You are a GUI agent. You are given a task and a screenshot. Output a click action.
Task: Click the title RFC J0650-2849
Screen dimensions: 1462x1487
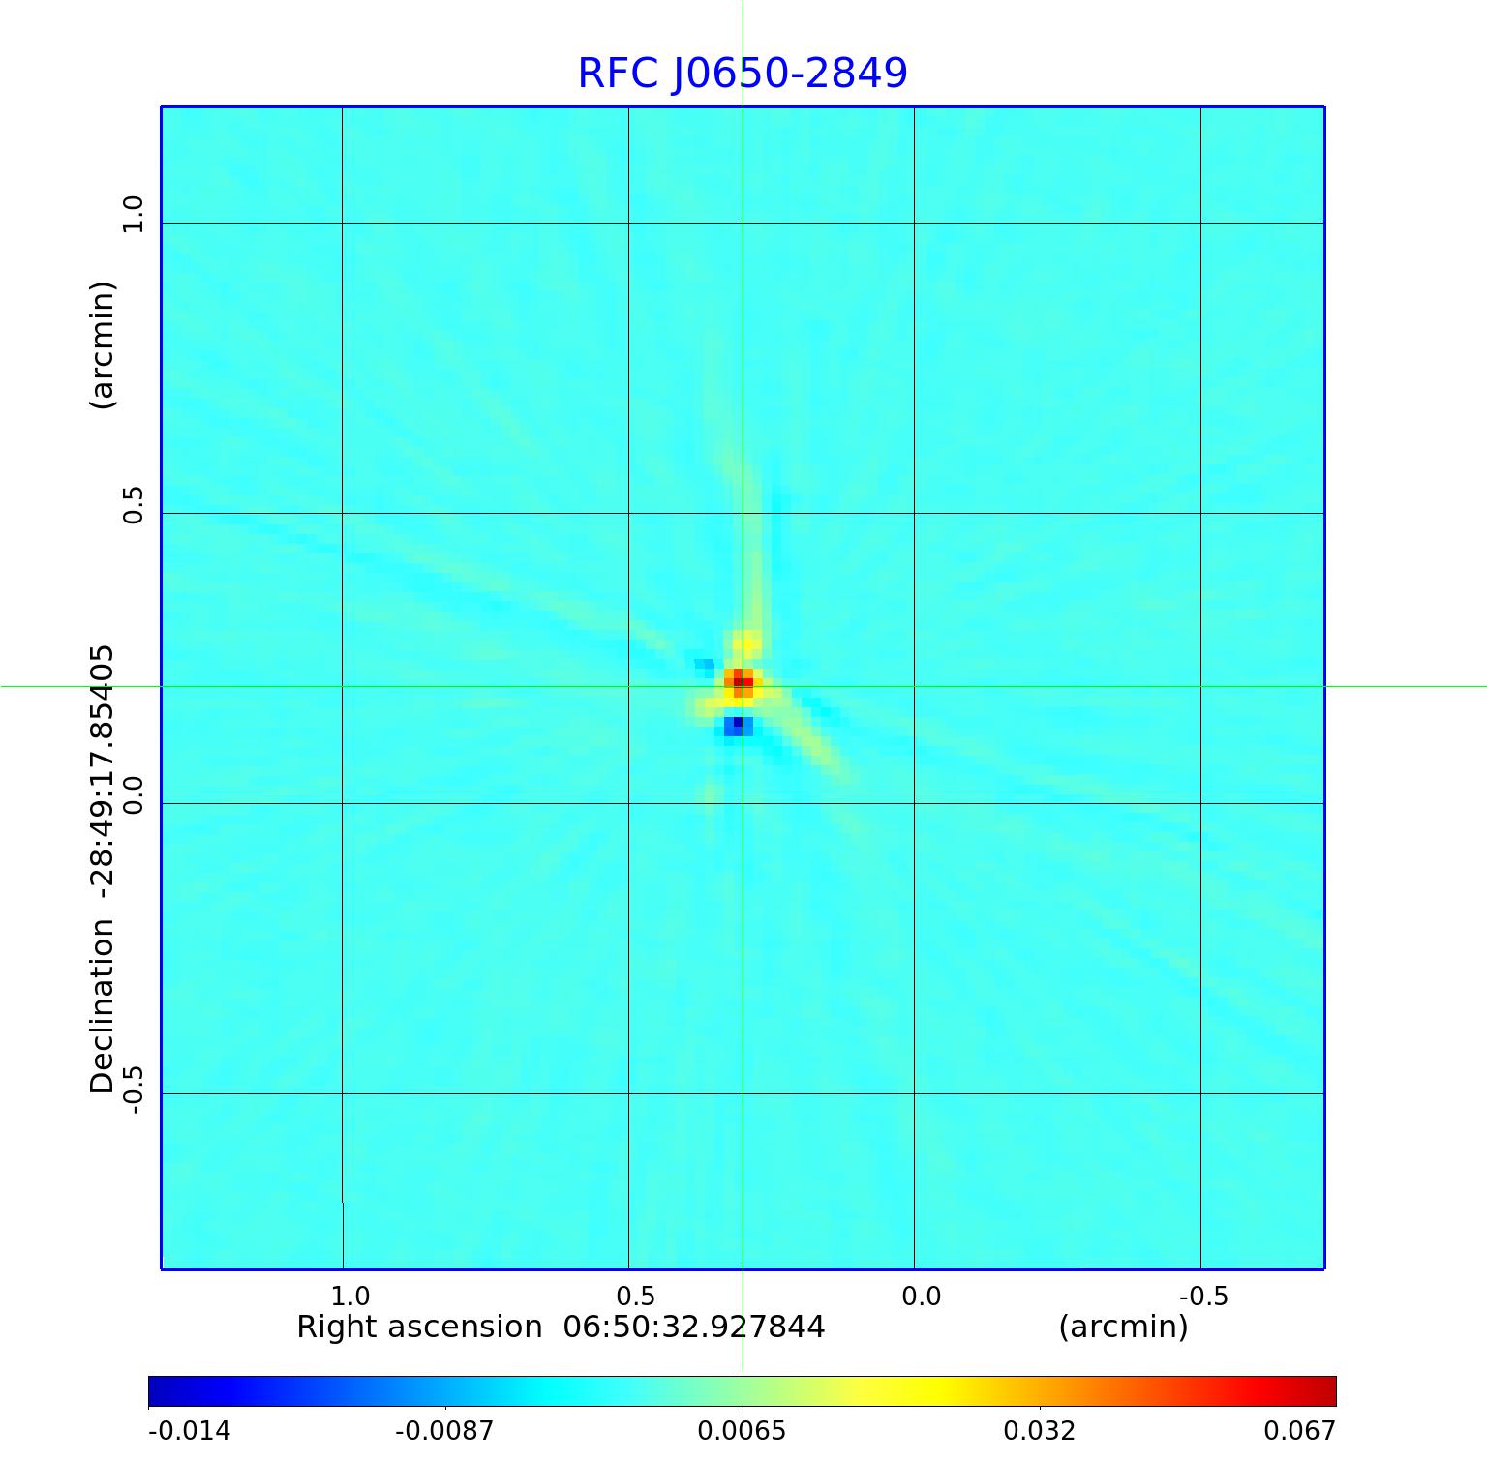743,74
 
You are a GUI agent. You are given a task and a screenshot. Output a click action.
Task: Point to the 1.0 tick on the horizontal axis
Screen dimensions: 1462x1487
349,1296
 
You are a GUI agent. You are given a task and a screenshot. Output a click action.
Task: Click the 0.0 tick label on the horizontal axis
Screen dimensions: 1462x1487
921,1296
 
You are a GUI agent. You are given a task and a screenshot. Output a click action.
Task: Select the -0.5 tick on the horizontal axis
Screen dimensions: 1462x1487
1203,1296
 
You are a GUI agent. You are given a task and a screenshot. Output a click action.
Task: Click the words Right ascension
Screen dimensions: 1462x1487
419,1327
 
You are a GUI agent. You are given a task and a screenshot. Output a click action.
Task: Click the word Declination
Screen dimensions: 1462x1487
103,1006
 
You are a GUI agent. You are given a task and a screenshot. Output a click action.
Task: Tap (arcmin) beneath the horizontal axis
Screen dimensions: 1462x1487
1123,1327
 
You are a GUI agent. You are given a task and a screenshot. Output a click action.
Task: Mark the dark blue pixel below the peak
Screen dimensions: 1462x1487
738,723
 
